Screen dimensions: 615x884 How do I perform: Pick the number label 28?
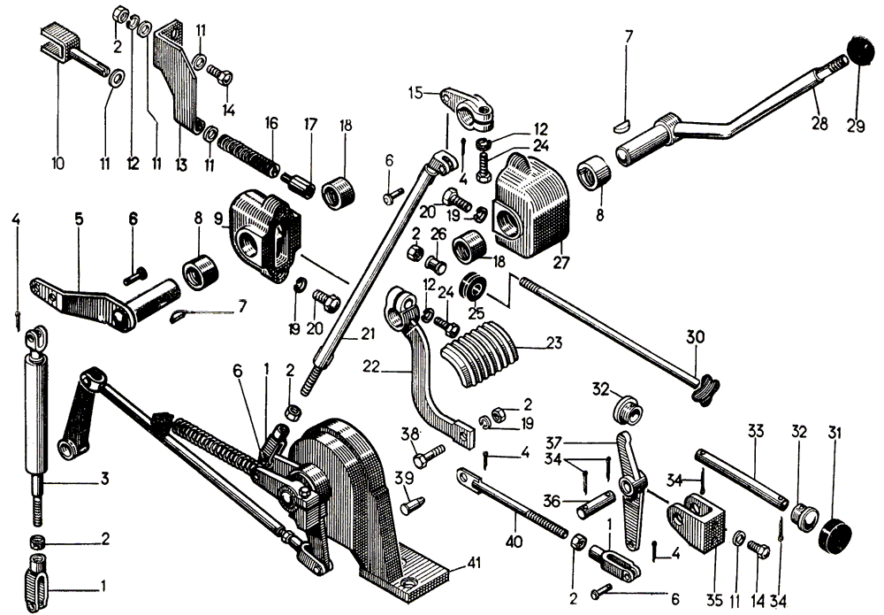[x=820, y=123]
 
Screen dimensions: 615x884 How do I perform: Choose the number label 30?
[x=697, y=338]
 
